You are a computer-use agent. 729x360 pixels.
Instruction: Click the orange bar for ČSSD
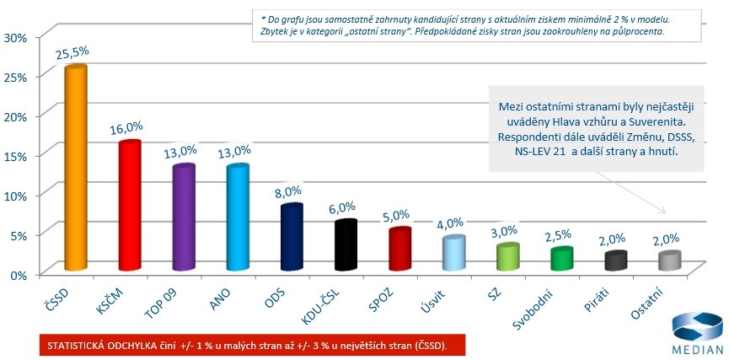(76, 169)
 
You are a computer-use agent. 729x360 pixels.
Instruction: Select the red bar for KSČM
(129, 206)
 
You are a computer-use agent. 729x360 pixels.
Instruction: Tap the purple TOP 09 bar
(183, 218)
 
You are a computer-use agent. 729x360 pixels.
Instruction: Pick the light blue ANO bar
(238, 218)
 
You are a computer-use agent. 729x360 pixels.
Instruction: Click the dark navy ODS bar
(292, 237)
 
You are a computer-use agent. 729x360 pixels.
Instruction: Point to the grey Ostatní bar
(670, 261)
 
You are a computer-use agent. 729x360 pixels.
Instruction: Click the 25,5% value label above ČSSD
(72, 52)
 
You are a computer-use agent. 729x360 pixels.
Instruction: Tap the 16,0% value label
(126, 129)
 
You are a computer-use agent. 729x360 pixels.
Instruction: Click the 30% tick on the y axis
(16, 37)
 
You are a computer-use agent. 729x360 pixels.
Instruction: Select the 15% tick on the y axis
(16, 156)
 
